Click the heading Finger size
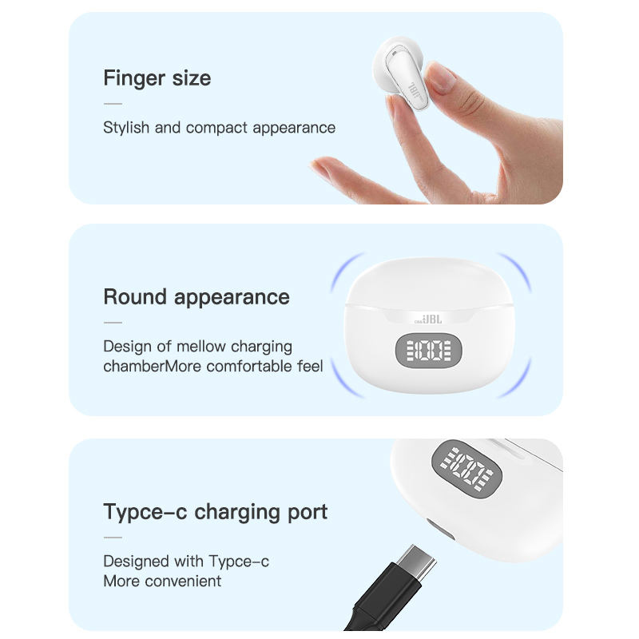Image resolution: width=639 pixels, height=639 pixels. point(157,78)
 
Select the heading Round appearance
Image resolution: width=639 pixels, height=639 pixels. point(196,296)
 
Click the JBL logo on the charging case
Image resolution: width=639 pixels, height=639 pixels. point(434,317)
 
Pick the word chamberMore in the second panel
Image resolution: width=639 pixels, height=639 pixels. point(152,367)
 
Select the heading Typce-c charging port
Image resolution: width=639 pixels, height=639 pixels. point(215,511)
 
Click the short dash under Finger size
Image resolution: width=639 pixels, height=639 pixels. point(113,103)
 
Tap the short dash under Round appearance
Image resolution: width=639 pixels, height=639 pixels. point(113,323)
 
